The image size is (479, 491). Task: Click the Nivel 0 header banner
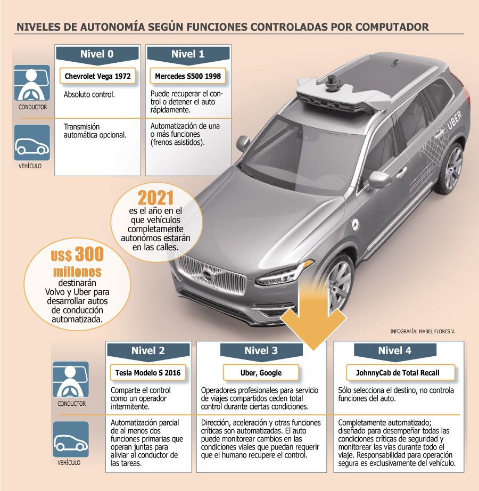pyautogui.click(x=97, y=55)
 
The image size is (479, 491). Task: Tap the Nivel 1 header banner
pyautogui.click(x=188, y=55)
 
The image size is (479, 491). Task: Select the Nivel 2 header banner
pyautogui.click(x=148, y=351)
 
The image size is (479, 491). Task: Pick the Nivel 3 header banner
pyautogui.click(x=261, y=351)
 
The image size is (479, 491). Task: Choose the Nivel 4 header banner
pyautogui.click(x=395, y=351)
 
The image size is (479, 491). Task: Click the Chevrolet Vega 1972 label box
pyautogui.click(x=97, y=76)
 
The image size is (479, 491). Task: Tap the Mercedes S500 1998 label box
pyautogui.click(x=188, y=76)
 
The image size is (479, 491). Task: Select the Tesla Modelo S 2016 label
pyautogui.click(x=148, y=373)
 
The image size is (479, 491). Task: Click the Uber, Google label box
pyautogui.click(x=261, y=373)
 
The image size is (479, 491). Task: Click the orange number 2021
pyautogui.click(x=156, y=198)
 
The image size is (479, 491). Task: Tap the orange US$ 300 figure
pyautogui.click(x=77, y=254)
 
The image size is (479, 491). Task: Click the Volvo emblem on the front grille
pyautogui.click(x=207, y=276)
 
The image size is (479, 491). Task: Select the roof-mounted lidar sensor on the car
pyautogui.click(x=332, y=83)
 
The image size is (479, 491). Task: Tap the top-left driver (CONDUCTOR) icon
pyautogui.click(x=32, y=83)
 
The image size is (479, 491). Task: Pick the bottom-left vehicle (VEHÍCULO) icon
pyautogui.click(x=71, y=439)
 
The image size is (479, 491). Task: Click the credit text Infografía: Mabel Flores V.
pyautogui.click(x=423, y=331)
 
